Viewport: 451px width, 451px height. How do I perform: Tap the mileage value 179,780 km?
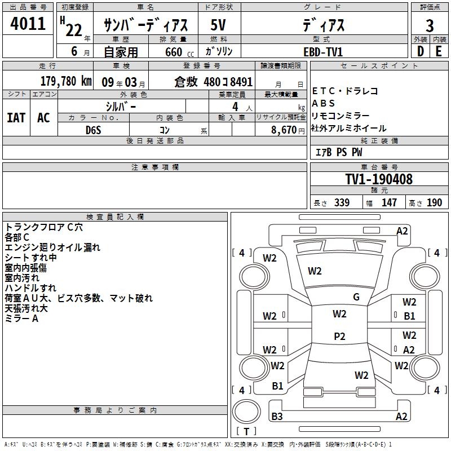pyautogui.click(x=65, y=81)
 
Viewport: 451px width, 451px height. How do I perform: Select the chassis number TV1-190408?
pyautogui.click(x=379, y=180)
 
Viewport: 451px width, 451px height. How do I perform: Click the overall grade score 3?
pyautogui.click(x=430, y=25)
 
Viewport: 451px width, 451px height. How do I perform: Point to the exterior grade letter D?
pyautogui.click(x=420, y=51)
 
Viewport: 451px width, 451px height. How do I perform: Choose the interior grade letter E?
pyautogui.click(x=439, y=51)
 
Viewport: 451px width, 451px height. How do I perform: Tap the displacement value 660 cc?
pyautogui.click(x=174, y=52)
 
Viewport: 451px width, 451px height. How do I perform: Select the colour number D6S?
pyautogui.click(x=93, y=129)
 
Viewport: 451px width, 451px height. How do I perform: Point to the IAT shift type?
pyautogui.click(x=16, y=118)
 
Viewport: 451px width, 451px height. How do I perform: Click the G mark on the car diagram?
pyautogui.click(x=356, y=297)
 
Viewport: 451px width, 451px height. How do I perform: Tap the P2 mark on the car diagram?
pyautogui.click(x=339, y=337)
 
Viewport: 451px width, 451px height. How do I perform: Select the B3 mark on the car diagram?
pyautogui.click(x=277, y=417)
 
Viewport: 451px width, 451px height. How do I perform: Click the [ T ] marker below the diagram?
pyautogui.click(x=246, y=432)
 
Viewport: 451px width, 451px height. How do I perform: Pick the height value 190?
pyautogui.click(x=434, y=203)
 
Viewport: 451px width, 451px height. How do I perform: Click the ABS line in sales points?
pyautogui.click(x=324, y=103)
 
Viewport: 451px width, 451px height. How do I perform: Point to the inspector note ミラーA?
pyautogui.click(x=21, y=319)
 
